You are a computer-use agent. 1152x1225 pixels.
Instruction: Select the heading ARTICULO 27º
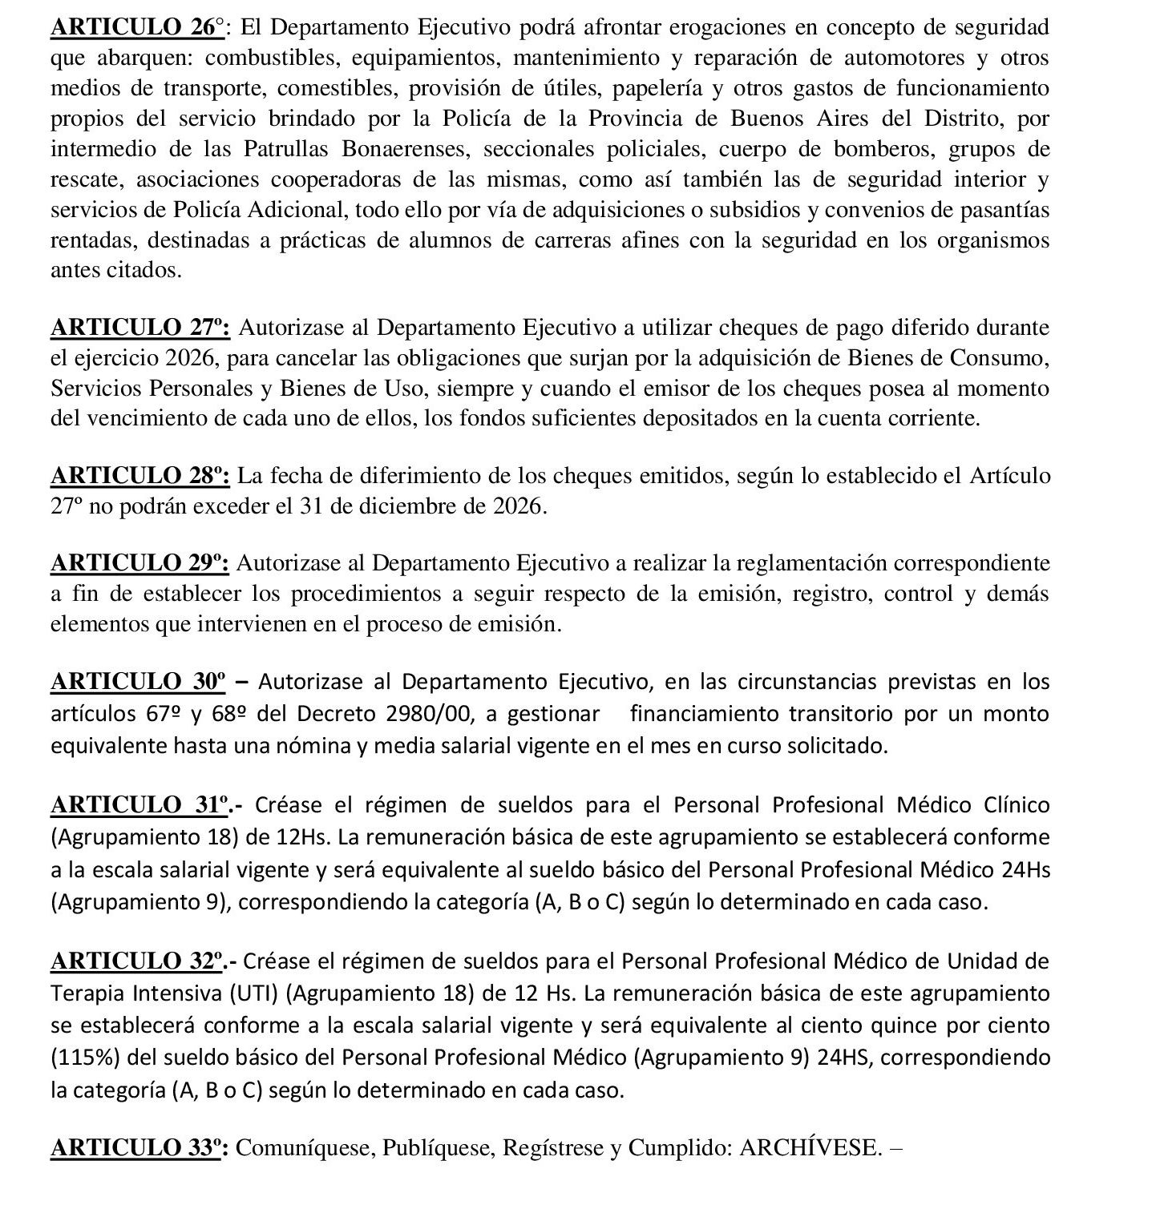click(140, 328)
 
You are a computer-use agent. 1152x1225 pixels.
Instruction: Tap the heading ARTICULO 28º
click(140, 476)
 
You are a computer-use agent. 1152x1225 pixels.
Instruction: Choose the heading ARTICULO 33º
click(140, 1148)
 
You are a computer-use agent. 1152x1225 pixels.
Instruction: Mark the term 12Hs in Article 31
click(303, 837)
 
